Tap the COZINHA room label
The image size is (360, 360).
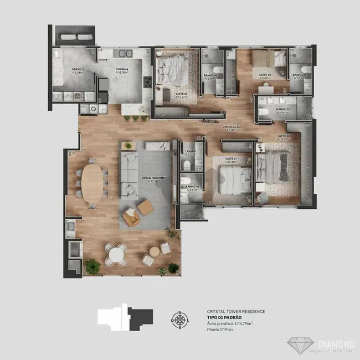pyautogui.click(x=121, y=70)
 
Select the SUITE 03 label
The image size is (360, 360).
pyautogui.click(x=167, y=94)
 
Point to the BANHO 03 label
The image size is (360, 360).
pyautogui.click(x=212, y=75)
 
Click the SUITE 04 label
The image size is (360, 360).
pyautogui.click(x=265, y=75)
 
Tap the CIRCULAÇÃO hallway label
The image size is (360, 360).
pyautogui.click(x=232, y=127)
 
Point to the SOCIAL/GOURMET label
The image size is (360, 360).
pyautogui.click(x=150, y=179)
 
